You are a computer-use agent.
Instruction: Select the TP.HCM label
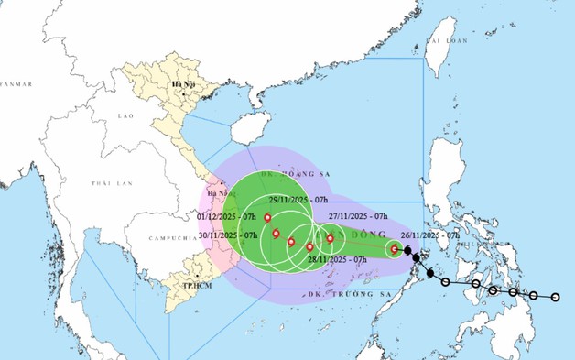[191, 285]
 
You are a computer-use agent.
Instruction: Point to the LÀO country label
[126, 117]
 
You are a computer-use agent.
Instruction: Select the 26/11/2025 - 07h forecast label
[425, 235]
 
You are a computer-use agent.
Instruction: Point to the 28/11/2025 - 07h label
[335, 260]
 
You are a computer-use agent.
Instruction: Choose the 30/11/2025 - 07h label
[226, 235]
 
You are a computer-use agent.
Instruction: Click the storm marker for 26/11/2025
[395, 248]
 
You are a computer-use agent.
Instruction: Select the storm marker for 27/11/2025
[330, 238]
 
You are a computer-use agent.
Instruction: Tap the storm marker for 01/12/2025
[267, 218]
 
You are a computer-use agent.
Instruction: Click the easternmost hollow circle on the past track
[556, 297]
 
